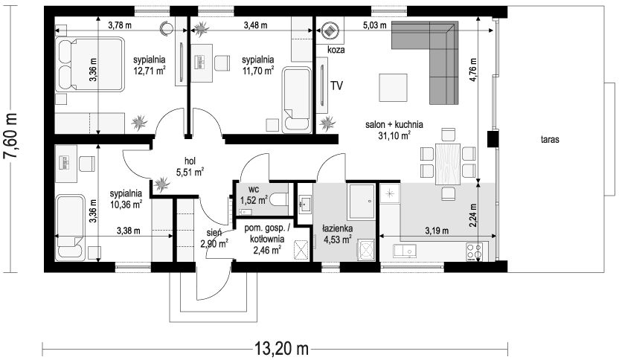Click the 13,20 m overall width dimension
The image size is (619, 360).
click(281, 348)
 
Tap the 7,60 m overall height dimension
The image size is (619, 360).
click(10, 137)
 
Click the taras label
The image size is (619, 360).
click(550, 139)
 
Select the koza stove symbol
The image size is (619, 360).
click(330, 30)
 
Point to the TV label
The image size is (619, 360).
click(336, 86)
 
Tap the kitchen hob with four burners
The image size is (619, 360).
click(475, 251)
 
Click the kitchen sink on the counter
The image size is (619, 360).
click(404, 250)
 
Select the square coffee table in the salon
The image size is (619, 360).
click(393, 88)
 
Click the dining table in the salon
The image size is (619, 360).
click(448, 164)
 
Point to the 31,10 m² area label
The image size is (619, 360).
click(394, 136)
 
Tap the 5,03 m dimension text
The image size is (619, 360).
click(375, 25)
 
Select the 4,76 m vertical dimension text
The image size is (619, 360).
click(473, 70)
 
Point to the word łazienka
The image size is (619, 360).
click(337, 228)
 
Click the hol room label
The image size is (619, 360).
click(190, 161)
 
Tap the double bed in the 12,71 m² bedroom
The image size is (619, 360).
click(89, 65)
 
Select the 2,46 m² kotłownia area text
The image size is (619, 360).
click(267, 249)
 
